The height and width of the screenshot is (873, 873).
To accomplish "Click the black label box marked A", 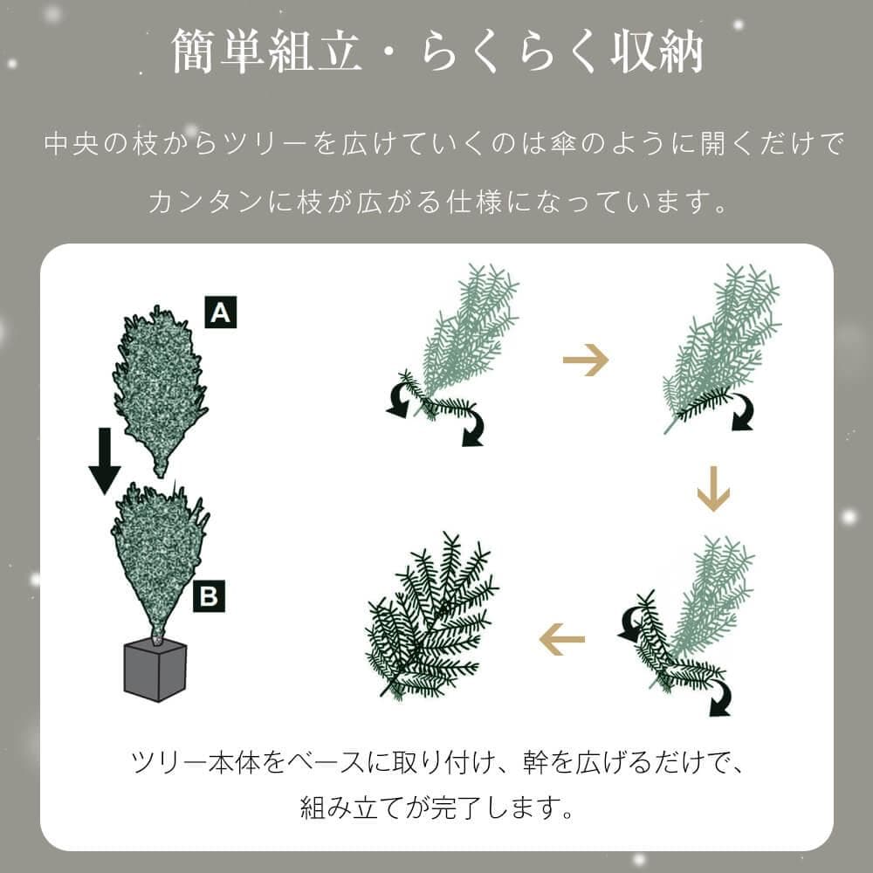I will tap(221, 312).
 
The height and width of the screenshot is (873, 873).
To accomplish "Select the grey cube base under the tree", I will tap(155, 669).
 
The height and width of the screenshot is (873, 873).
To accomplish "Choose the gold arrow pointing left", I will tap(561, 641).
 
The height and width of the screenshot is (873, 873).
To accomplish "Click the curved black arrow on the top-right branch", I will tap(742, 412).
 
